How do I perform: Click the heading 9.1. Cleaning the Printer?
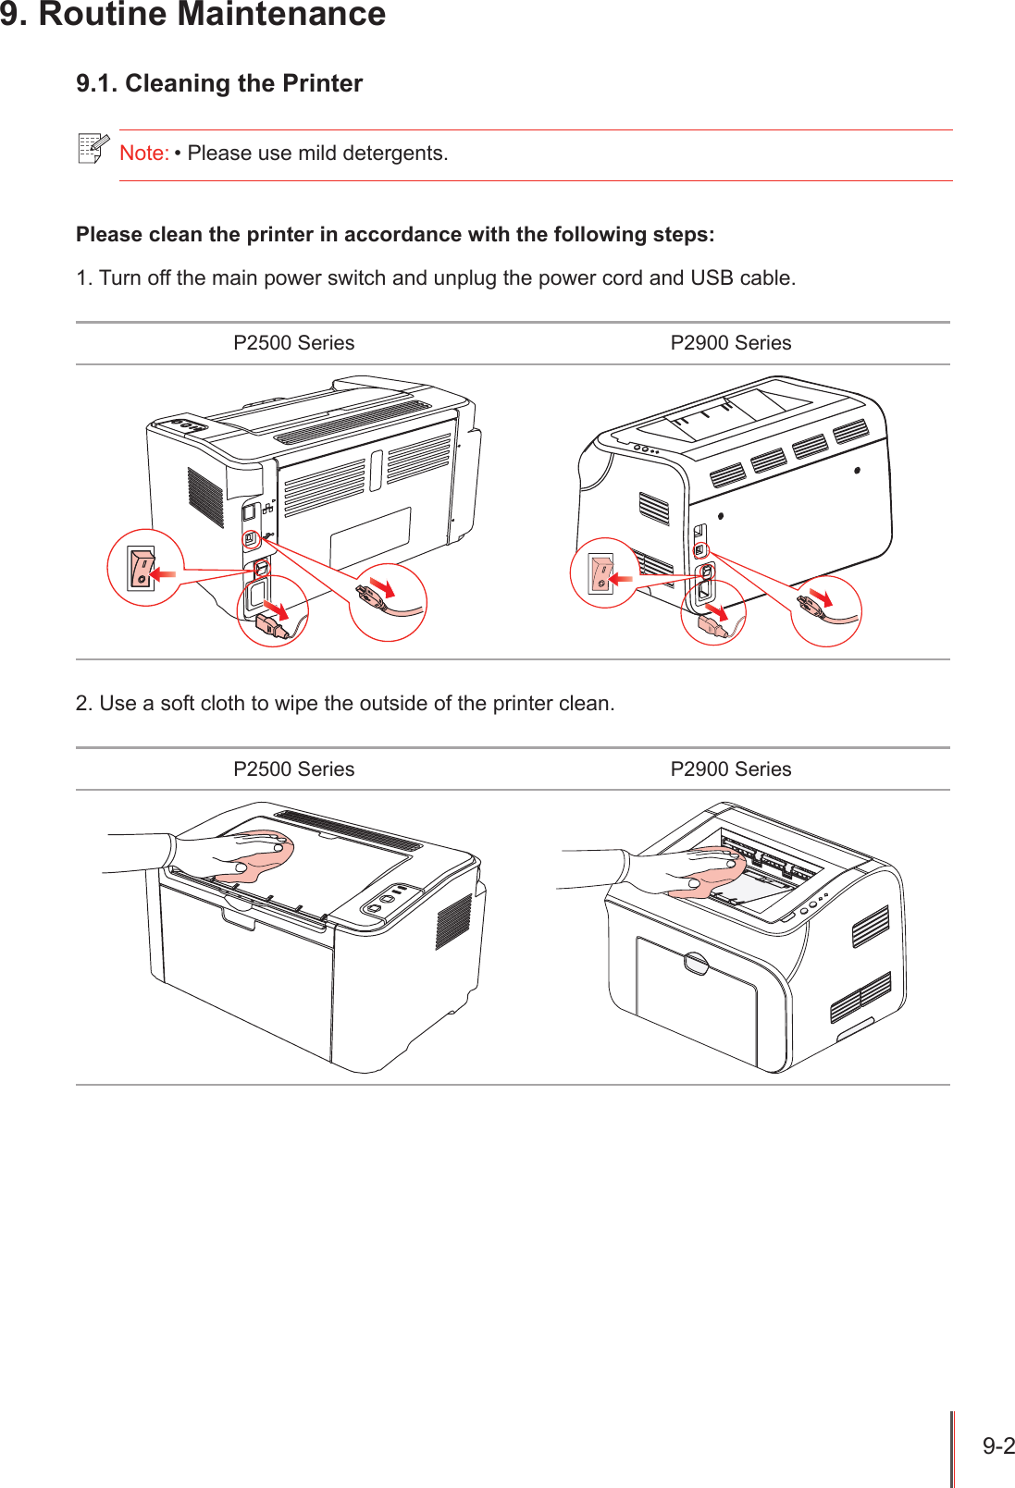(219, 83)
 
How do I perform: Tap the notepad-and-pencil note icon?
(93, 148)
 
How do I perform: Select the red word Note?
(143, 154)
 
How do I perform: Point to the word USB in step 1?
(711, 278)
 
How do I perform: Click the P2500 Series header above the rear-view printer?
(293, 343)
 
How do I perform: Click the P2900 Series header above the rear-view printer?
(730, 343)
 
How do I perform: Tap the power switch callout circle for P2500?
(145, 568)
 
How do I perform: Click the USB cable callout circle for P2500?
(388, 602)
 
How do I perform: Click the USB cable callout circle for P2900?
(825, 610)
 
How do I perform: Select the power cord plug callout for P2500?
(273, 611)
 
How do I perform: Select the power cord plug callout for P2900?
(713, 612)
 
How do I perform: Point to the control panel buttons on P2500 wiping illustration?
(388, 898)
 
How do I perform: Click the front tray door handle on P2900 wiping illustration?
(696, 964)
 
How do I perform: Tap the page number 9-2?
(997, 1445)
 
